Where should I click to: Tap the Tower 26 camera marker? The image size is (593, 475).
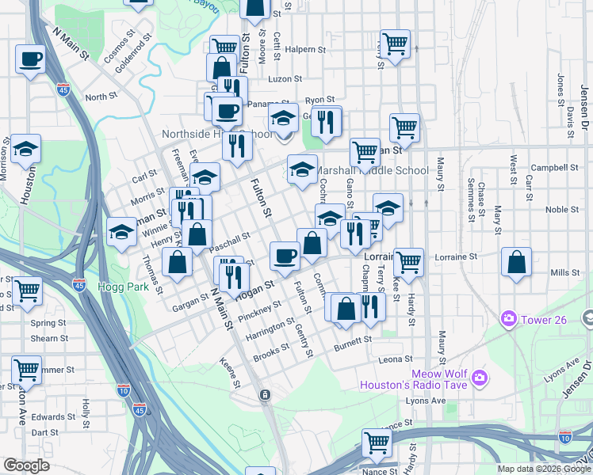[508, 319]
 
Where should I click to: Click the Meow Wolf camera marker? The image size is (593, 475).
[478, 378]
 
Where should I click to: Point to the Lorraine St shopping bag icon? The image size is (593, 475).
[516, 264]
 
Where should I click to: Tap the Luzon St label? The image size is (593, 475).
[285, 79]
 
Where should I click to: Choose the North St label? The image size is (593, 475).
[101, 97]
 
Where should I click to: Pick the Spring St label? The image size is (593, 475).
[48, 323]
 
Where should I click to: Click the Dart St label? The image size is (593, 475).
[44, 433]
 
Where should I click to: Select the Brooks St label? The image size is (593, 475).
[271, 354]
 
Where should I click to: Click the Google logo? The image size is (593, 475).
[26, 465]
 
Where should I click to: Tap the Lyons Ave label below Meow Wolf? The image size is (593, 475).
[426, 401]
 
